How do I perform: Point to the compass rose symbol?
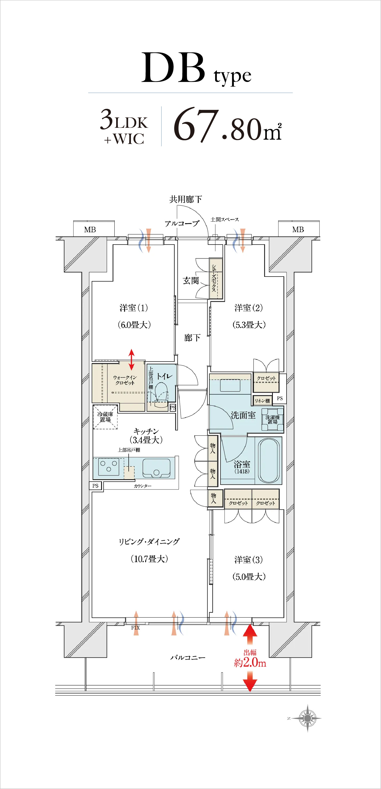click(308, 718)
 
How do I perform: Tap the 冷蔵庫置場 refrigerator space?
click(105, 417)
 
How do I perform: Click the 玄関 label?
click(191, 281)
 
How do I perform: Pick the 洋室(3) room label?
click(249, 560)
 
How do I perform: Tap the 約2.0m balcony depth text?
click(250, 663)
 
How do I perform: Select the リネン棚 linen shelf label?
click(262, 401)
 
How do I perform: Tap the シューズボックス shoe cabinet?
click(215, 278)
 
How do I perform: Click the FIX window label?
click(135, 628)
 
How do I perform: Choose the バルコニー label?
click(188, 657)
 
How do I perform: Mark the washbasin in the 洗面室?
click(230, 385)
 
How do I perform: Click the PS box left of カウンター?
click(95, 485)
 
